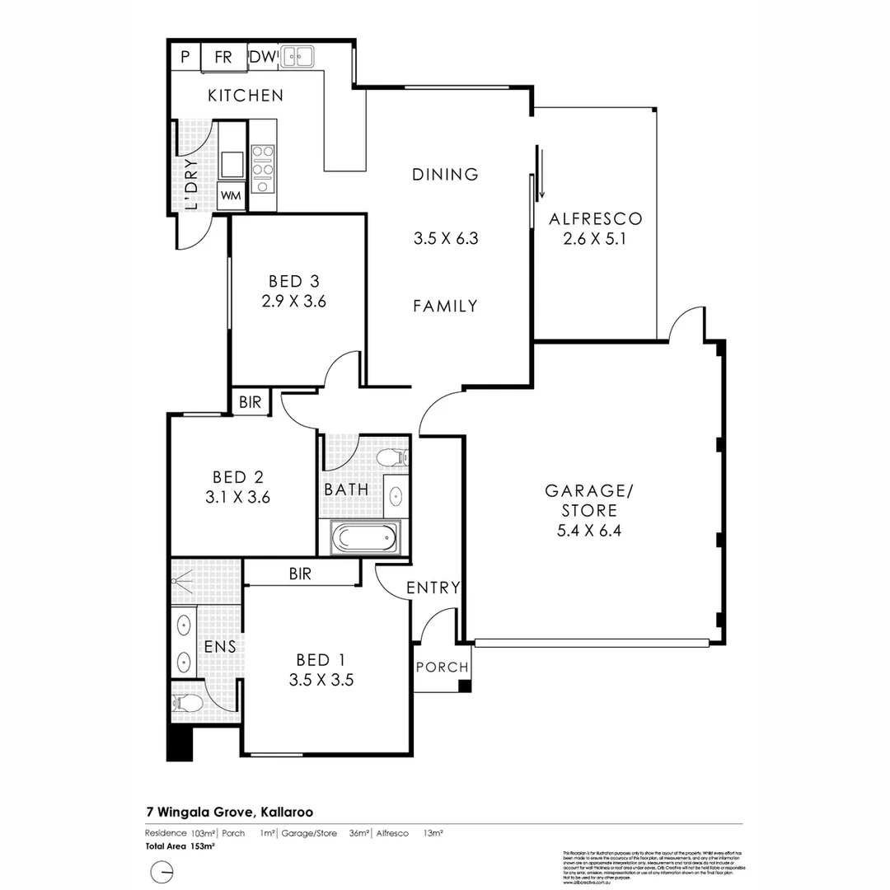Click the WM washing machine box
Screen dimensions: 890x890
(x=230, y=196)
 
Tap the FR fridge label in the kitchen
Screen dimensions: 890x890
(x=223, y=57)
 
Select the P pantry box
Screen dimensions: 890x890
(x=185, y=57)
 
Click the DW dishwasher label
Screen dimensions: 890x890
(x=262, y=57)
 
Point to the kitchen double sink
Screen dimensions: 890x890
(x=297, y=56)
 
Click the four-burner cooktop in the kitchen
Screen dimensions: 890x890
(x=263, y=167)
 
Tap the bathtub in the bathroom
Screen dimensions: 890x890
(x=363, y=539)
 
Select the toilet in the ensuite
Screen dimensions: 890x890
(x=189, y=704)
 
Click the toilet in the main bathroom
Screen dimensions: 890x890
(x=390, y=457)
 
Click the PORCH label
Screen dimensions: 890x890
(x=442, y=667)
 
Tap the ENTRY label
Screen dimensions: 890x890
(x=433, y=588)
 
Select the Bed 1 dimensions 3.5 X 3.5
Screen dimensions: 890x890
(x=321, y=681)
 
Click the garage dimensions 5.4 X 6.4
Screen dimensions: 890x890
(x=588, y=530)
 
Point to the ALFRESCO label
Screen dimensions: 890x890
(x=595, y=219)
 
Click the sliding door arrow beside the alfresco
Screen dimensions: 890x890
(x=541, y=173)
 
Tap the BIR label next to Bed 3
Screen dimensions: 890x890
(x=251, y=402)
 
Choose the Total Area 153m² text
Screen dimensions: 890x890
(x=180, y=846)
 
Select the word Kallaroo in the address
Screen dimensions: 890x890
(x=286, y=812)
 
